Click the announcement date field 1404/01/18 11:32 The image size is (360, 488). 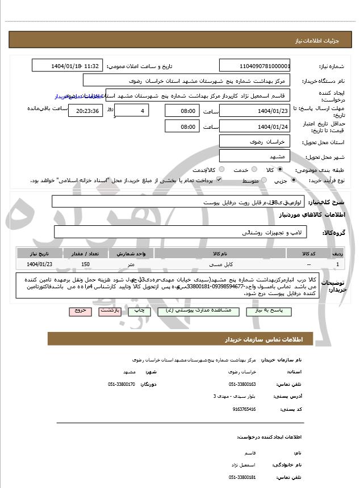click(68, 66)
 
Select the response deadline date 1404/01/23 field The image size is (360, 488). click(254, 111)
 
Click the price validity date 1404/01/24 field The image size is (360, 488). click(254, 127)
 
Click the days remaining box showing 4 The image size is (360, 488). click(132, 111)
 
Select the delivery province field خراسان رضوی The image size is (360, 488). click(254, 141)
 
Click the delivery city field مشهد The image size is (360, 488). click(254, 155)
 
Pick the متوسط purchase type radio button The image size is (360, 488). click(263, 180)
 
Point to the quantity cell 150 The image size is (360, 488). click(85, 264)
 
